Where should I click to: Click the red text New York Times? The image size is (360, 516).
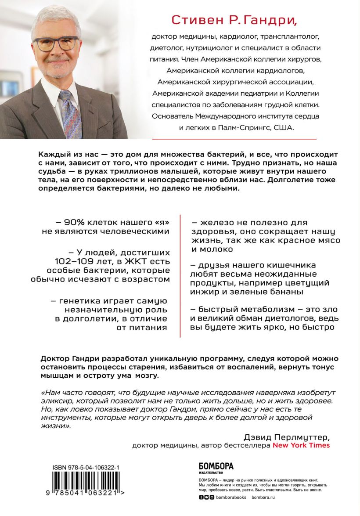pos(301,445)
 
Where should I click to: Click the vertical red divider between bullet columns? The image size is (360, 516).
pos(180,276)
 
